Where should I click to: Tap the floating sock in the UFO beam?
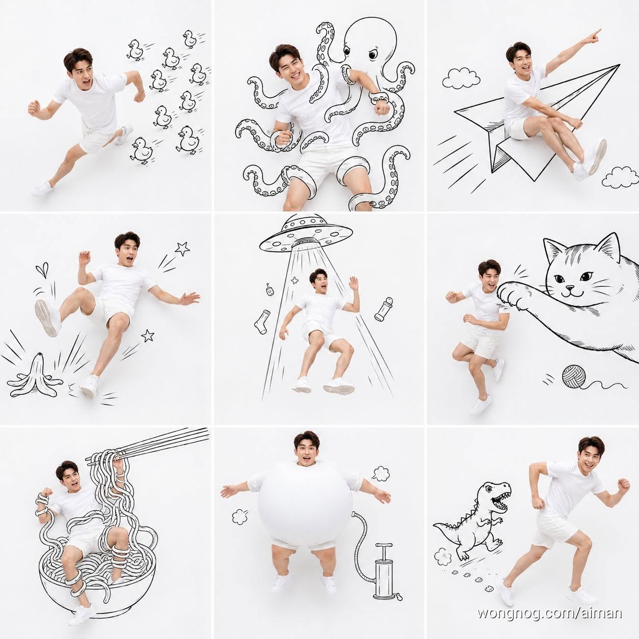pyautogui.click(x=260, y=322)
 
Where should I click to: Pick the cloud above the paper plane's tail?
pyautogui.click(x=461, y=78)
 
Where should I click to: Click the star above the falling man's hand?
pyautogui.click(x=182, y=248)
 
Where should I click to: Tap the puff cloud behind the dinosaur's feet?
pyautogui.click(x=443, y=556)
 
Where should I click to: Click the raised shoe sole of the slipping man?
pyautogui.click(x=46, y=317)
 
